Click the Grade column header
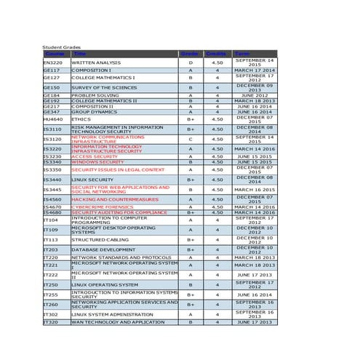click(x=190, y=54)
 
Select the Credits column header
click(x=216, y=54)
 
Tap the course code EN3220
click(x=52, y=63)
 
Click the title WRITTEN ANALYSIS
click(x=96, y=63)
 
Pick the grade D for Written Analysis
click(x=191, y=63)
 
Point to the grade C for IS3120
click(x=191, y=138)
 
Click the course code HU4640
click(x=52, y=119)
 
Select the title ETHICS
click(x=81, y=119)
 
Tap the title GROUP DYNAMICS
click(x=94, y=112)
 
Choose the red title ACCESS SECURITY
click(x=95, y=156)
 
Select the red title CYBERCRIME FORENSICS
click(x=103, y=207)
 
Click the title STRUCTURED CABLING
click(x=100, y=239)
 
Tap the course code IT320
click(x=51, y=321)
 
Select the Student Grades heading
click(x=62, y=47)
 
